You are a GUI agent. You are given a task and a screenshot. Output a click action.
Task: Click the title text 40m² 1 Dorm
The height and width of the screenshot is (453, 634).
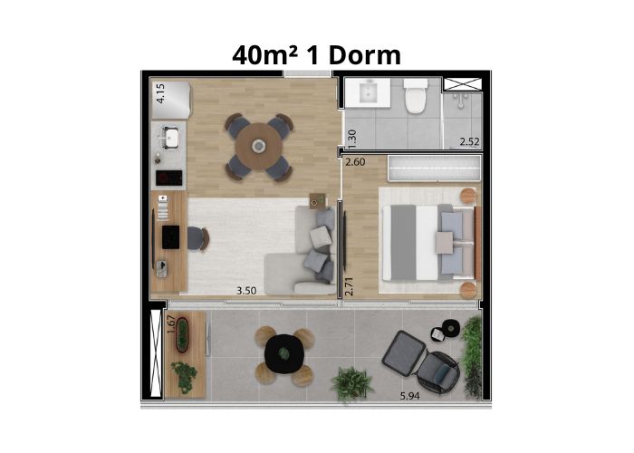pyautogui.click(x=316, y=55)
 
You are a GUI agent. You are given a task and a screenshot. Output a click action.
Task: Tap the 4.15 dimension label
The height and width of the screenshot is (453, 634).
pyautogui.click(x=160, y=93)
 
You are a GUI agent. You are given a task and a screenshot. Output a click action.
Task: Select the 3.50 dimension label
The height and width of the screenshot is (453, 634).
pyautogui.click(x=246, y=291)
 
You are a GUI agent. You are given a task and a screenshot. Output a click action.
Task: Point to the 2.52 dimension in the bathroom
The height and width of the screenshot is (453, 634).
pyautogui.click(x=469, y=141)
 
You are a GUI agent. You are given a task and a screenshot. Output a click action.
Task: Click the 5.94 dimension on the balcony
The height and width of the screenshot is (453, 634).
pyautogui.click(x=410, y=396)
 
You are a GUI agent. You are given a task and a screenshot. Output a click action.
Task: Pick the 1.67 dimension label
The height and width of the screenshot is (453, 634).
pyautogui.click(x=171, y=324)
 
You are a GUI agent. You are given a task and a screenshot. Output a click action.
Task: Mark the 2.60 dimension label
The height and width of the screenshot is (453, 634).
pyautogui.click(x=355, y=162)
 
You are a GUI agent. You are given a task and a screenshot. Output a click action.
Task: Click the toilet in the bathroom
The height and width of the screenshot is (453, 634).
pyautogui.click(x=416, y=96)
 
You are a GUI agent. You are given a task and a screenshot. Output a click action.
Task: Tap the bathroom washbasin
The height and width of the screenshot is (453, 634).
pyautogui.click(x=369, y=92)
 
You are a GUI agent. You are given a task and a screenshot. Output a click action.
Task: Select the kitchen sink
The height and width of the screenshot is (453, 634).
pyautogui.click(x=171, y=137)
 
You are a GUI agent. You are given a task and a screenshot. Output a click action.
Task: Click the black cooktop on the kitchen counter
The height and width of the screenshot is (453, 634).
pyautogui.click(x=169, y=178)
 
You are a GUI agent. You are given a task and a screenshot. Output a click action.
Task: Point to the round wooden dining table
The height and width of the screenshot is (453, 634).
pyautogui.click(x=258, y=147)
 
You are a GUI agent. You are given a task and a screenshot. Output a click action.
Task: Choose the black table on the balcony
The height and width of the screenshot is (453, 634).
pyautogui.click(x=284, y=354)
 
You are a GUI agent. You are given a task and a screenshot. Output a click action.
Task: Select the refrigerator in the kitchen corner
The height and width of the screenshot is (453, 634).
pyautogui.click(x=170, y=101)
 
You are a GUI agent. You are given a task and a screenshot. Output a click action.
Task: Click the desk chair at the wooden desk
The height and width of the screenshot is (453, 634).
pyautogui.click(x=198, y=239)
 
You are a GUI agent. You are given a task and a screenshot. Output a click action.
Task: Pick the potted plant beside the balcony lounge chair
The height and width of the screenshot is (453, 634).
pyautogui.click(x=351, y=384)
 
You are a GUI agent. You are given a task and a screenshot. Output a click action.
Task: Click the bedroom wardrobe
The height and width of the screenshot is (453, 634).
pyautogui.click(x=434, y=168)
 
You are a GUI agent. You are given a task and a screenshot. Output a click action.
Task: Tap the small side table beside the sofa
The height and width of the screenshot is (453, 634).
pyautogui.click(x=317, y=200)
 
